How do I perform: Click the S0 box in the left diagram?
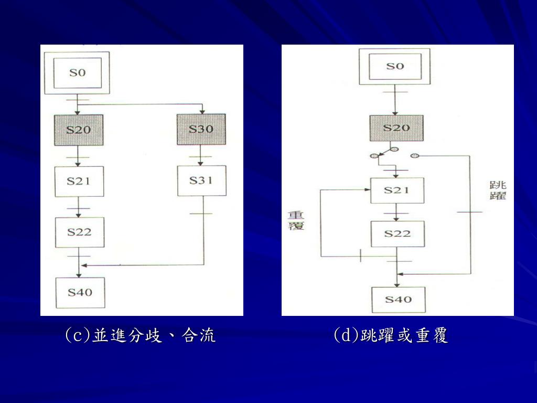click(77, 72)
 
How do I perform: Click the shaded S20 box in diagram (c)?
click(78, 129)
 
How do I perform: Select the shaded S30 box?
click(201, 129)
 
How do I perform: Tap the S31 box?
click(201, 181)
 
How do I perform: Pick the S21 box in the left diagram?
click(79, 181)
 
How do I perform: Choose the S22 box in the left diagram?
click(80, 232)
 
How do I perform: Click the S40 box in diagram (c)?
click(80, 292)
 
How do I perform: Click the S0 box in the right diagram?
click(395, 66)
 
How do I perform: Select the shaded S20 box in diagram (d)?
click(396, 128)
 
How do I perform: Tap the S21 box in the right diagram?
click(396, 190)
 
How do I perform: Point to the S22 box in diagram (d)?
click(397, 233)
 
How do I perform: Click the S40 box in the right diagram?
click(398, 300)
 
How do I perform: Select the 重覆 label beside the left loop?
click(296, 220)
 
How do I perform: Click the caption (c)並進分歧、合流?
click(140, 335)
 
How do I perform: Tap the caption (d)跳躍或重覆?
click(391, 335)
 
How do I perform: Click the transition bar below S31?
click(201, 214)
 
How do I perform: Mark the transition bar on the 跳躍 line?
click(470, 212)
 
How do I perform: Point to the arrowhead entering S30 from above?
click(202, 111)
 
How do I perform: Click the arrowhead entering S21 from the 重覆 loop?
click(368, 189)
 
